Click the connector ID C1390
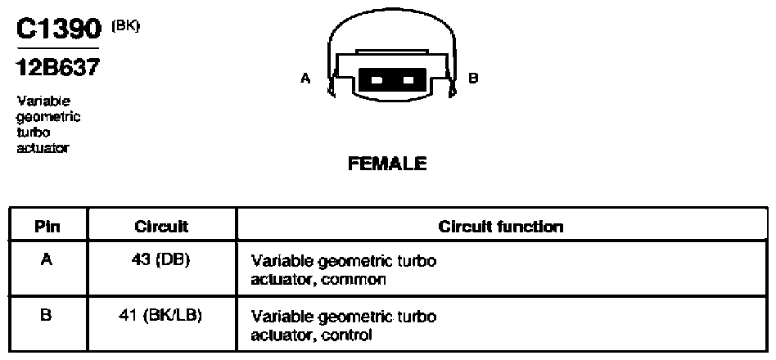(x=59, y=29)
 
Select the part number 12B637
(x=58, y=68)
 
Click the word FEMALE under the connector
(x=387, y=164)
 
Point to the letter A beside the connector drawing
(x=305, y=78)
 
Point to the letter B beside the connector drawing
(x=473, y=78)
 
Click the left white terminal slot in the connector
(x=376, y=79)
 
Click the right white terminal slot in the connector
(x=408, y=79)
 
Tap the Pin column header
(x=47, y=227)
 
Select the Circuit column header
(x=161, y=227)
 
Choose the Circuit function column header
(x=501, y=227)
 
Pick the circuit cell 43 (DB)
(x=161, y=261)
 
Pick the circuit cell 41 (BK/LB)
(x=161, y=316)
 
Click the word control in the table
(x=346, y=335)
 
